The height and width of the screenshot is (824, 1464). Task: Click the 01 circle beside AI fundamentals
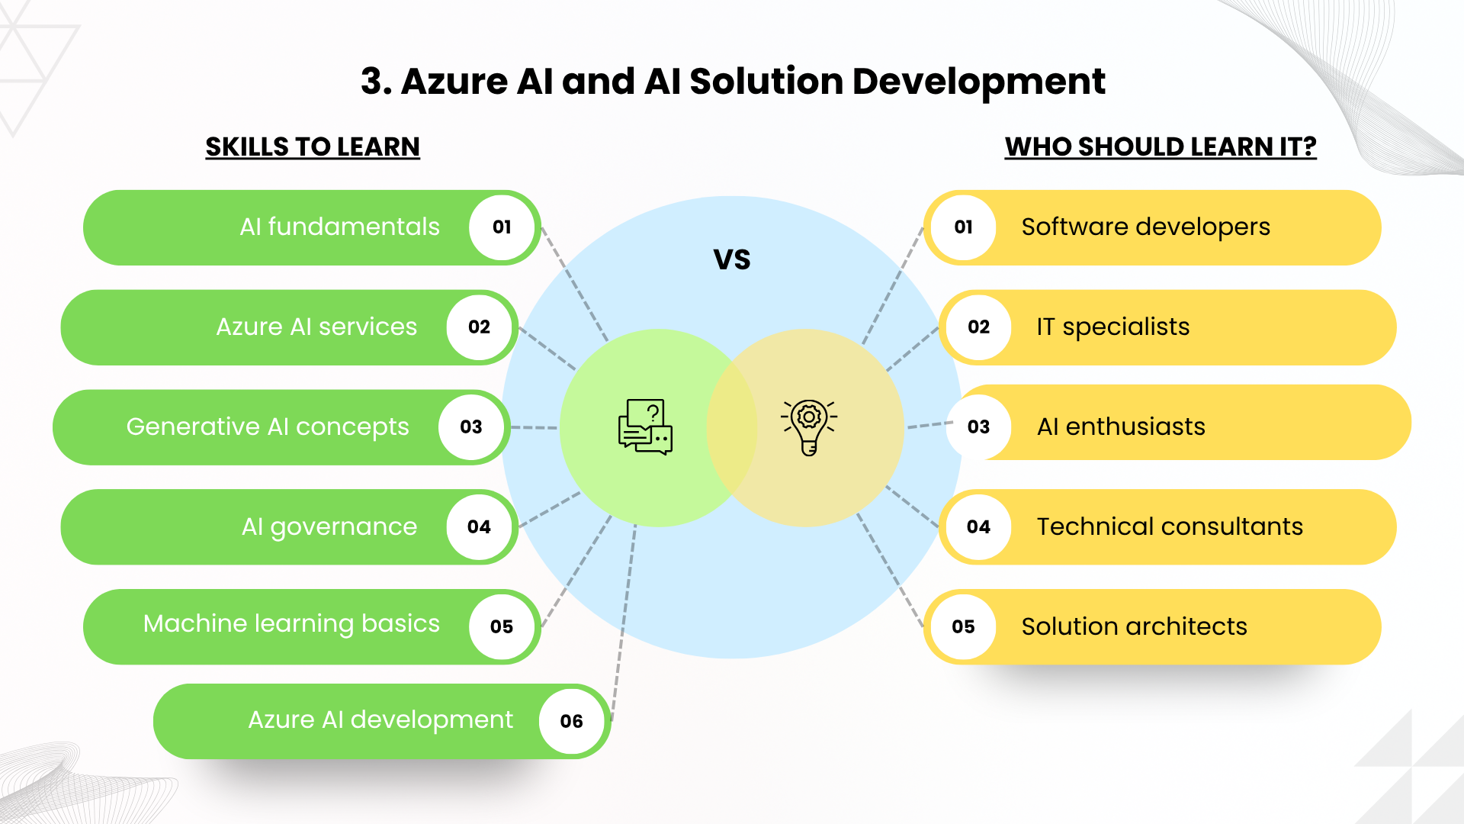coord(502,227)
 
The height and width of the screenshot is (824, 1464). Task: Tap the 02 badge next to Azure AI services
coord(479,327)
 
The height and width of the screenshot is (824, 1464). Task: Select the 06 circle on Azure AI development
coord(571,721)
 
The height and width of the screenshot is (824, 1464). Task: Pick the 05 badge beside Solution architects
coord(963,626)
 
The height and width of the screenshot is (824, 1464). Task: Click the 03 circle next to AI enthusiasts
coord(978,426)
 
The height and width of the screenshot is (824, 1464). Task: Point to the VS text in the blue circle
coord(732,260)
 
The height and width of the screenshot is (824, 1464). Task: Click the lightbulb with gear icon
coord(809,427)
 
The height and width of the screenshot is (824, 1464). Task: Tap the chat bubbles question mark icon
coord(645,426)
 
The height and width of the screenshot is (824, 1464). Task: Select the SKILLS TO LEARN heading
coord(313,146)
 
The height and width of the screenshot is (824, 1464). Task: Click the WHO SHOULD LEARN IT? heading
coord(1161,146)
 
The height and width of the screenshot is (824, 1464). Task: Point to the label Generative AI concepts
coord(268,427)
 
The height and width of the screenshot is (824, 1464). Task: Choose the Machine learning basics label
coord(291,624)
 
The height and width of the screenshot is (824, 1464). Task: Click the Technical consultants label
coord(1170,526)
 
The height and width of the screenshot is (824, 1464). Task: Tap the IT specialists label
coord(1112,327)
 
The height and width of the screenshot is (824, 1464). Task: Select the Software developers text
coord(1145,227)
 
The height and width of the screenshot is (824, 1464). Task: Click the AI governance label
coord(329,527)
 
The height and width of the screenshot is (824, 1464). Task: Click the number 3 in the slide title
coord(372,82)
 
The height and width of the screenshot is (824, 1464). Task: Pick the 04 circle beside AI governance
coord(479,527)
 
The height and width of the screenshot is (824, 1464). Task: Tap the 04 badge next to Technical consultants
coord(978,527)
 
